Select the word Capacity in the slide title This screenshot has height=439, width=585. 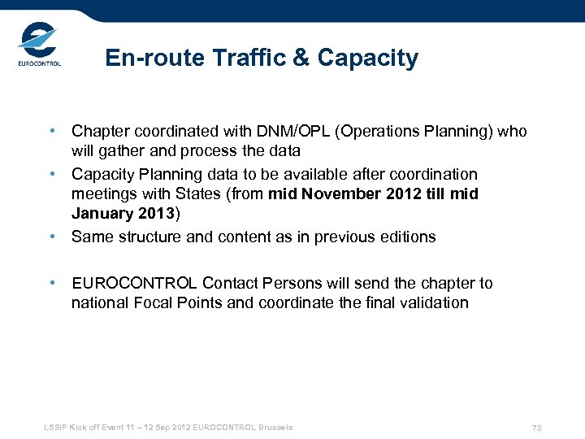click(x=368, y=59)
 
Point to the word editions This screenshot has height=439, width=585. click(x=406, y=237)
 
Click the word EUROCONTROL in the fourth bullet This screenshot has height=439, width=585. click(x=134, y=284)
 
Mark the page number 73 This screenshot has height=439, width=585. click(x=536, y=428)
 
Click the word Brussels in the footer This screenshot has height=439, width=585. click(x=275, y=428)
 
